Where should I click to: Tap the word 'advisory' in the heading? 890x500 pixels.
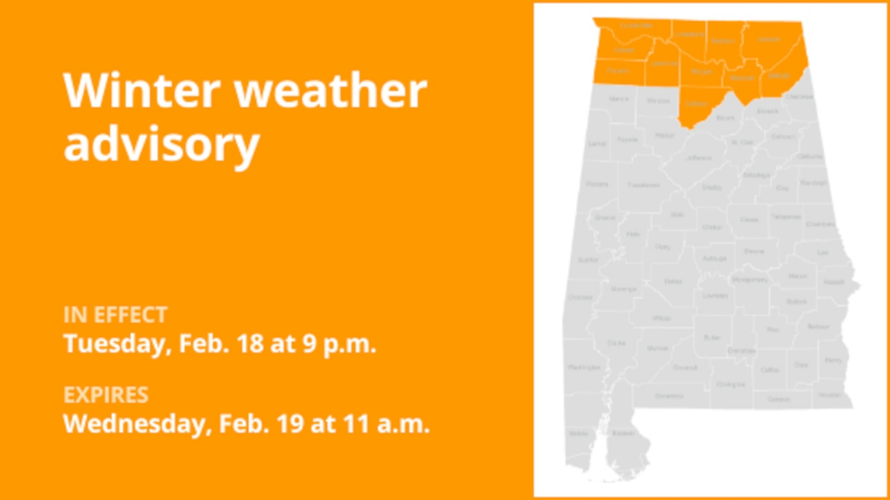point(162,145)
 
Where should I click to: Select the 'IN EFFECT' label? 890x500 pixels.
point(115,314)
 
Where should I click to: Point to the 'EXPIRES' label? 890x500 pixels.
point(106,396)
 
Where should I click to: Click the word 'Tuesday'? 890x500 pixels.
point(111,343)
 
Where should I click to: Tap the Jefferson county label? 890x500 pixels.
point(700,158)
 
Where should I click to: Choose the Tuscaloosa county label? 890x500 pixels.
point(645,185)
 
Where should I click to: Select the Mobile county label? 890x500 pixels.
point(578,431)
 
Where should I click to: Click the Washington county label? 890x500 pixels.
point(579,367)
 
